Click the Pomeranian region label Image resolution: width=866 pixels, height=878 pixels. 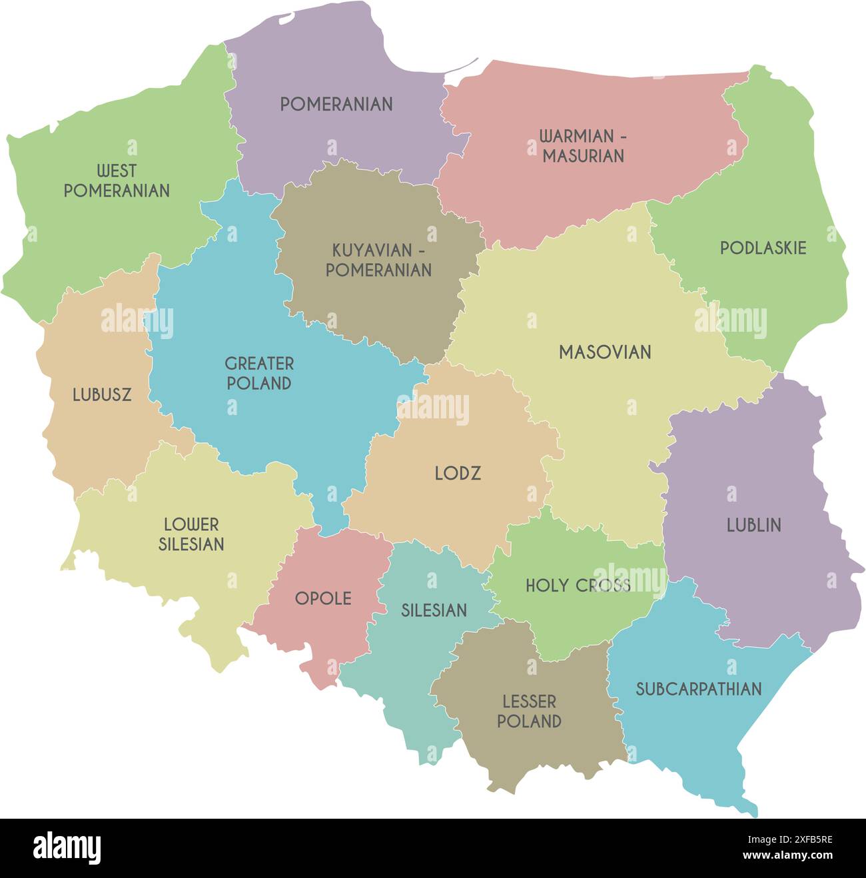click(x=336, y=104)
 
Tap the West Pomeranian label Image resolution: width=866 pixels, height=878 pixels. click(x=117, y=181)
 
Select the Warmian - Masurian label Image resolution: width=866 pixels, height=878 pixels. click(x=583, y=146)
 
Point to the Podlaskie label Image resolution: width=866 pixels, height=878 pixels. click(x=763, y=248)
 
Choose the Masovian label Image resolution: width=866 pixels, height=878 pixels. click(x=605, y=352)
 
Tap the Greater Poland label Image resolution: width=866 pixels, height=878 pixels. click(x=258, y=373)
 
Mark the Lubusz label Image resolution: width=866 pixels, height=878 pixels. click(x=102, y=395)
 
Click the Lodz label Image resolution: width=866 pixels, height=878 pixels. click(x=458, y=474)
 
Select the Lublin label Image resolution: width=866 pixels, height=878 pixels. click(x=753, y=526)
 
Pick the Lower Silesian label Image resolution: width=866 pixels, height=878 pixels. click(x=191, y=534)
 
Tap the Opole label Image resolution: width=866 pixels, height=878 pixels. click(x=323, y=599)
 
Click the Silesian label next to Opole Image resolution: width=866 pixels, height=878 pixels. click(x=434, y=610)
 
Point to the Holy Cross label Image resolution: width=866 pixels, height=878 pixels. click(x=578, y=586)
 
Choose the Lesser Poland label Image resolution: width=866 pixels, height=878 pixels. click(x=529, y=711)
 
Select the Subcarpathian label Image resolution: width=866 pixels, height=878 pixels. click(x=698, y=689)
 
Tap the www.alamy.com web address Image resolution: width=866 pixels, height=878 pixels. click(x=787, y=856)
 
